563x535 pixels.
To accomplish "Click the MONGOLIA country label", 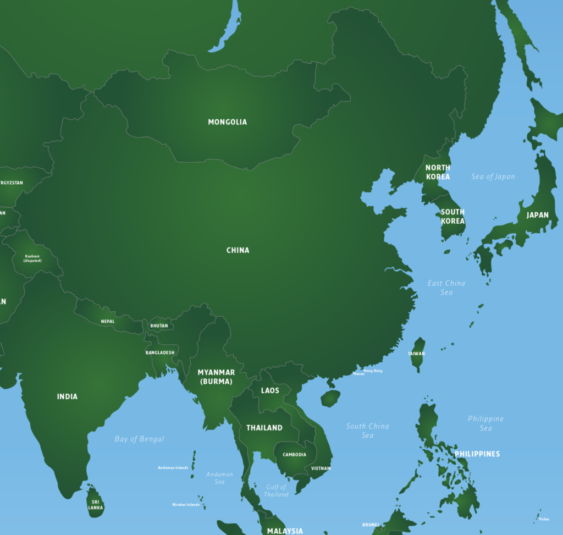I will [227, 122].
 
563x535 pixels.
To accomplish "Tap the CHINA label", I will [238, 250].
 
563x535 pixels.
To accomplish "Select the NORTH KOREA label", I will [438, 172].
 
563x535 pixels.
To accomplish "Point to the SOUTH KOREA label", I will [452, 216].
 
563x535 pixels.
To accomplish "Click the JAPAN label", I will [537, 215].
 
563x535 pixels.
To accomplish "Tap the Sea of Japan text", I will [493, 177].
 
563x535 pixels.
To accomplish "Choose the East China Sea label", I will [446, 288].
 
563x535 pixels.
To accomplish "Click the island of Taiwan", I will [418, 355].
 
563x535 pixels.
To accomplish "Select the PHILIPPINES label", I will [477, 454].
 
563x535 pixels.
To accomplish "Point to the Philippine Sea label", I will [485, 423].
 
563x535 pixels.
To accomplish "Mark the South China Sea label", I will [367, 431].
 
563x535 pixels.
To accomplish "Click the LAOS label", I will [270, 390].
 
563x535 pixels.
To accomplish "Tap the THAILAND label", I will [264, 428].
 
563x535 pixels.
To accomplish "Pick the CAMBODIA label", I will [295, 455].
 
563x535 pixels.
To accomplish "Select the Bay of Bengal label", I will [139, 439].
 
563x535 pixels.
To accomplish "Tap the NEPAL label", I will [108, 321].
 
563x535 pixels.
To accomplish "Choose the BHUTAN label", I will [159, 326].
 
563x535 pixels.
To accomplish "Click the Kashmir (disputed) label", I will [32, 258].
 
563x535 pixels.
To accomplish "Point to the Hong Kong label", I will [373, 371].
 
